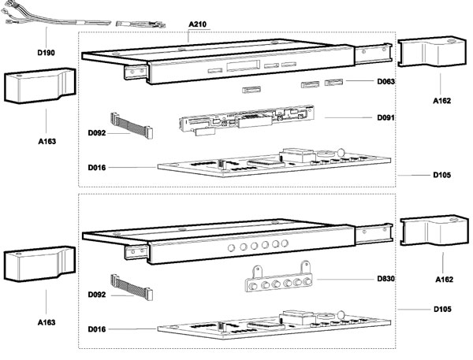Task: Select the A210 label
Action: [x=199, y=24]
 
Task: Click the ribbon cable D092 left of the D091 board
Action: [x=130, y=122]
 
